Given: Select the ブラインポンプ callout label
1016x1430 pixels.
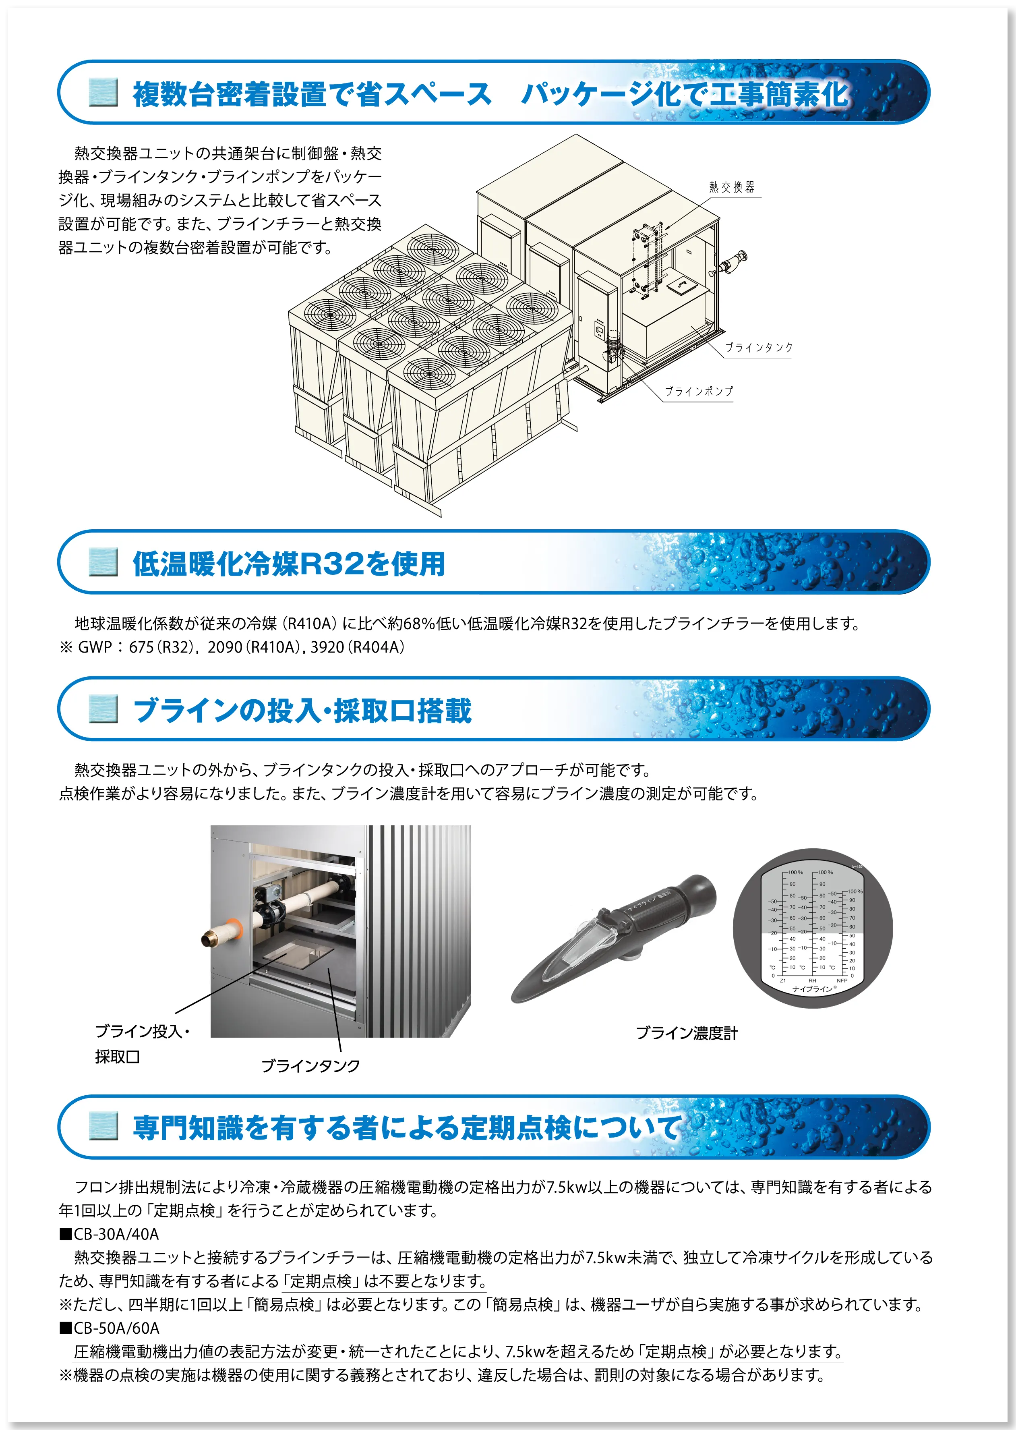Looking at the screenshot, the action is point(698,391).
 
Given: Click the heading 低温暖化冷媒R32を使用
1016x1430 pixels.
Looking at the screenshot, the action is point(288,563).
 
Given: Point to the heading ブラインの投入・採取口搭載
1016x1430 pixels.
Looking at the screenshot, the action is point(302,710).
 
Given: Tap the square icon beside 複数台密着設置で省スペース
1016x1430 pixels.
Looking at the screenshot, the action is point(103,93).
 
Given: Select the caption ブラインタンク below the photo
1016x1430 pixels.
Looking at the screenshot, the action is point(310,1065).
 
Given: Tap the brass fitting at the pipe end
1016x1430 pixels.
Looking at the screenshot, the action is point(210,937).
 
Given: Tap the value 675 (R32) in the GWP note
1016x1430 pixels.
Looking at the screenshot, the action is point(161,647).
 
